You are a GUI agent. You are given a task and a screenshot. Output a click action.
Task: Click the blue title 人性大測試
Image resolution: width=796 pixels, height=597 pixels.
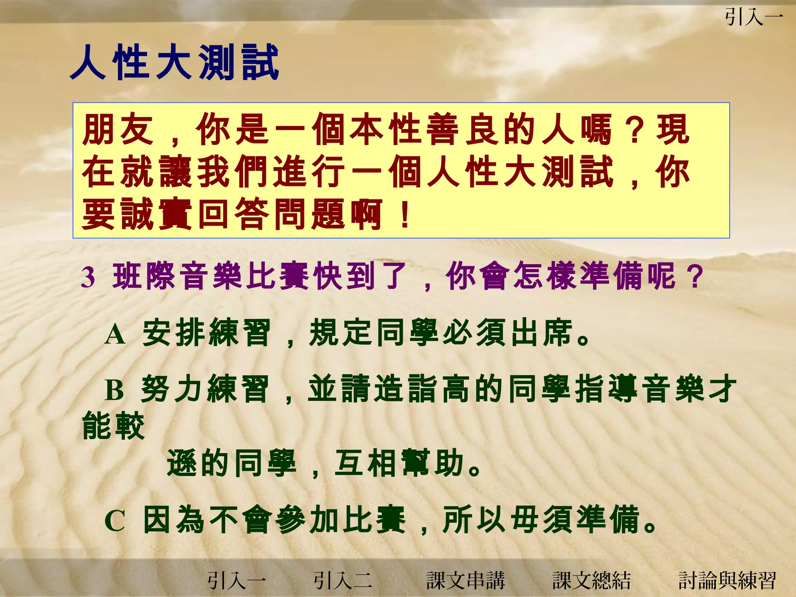[175, 63]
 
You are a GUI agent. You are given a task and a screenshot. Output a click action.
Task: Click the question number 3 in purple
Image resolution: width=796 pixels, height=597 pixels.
[88, 278]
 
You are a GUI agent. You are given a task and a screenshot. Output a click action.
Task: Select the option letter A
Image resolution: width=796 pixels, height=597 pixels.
[115, 335]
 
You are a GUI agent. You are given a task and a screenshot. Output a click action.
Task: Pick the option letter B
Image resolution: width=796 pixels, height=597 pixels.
[115, 390]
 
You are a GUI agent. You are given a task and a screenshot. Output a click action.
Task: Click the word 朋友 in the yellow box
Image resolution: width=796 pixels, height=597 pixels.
[118, 129]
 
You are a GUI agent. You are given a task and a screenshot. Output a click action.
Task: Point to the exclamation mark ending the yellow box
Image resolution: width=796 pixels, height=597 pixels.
[405, 214]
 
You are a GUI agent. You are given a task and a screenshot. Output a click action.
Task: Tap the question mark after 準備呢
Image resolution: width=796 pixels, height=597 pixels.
[695, 276]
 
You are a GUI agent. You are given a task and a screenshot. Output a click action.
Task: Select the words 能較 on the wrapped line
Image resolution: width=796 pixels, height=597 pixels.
[113, 426]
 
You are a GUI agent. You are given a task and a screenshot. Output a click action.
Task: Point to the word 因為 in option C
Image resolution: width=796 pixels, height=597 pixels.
[174, 520]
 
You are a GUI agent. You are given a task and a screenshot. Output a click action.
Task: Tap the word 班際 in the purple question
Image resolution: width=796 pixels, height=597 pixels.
[144, 276]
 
